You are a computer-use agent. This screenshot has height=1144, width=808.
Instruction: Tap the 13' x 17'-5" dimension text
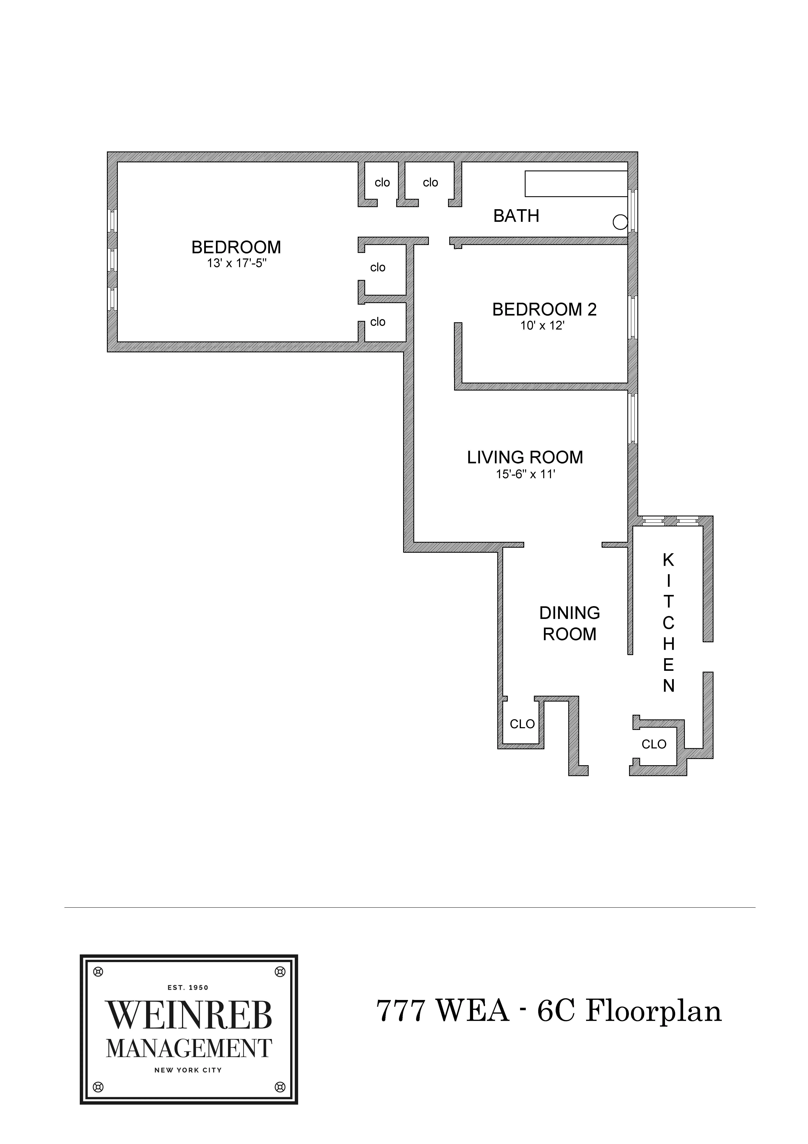[237, 263]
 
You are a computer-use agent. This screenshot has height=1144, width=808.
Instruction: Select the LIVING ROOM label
[525, 457]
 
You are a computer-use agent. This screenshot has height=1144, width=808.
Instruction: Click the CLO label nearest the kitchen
[654, 744]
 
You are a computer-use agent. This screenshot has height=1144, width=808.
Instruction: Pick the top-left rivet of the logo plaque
[98, 971]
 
